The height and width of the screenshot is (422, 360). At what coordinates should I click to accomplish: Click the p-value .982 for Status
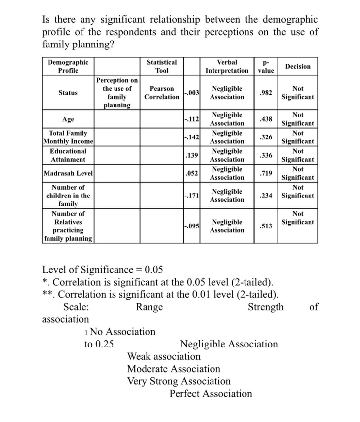(x=266, y=93)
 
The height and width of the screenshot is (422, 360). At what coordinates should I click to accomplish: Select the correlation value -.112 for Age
(x=192, y=119)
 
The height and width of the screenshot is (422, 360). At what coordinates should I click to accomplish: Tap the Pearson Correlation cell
(x=162, y=93)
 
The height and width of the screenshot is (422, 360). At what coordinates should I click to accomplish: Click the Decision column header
(x=298, y=66)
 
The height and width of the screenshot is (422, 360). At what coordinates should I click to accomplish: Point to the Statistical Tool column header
(x=162, y=66)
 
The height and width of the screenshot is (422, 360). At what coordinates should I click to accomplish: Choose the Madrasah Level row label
(x=68, y=173)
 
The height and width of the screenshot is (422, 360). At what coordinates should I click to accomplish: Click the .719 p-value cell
(x=266, y=173)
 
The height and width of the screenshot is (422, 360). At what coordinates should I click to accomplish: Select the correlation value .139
(x=192, y=155)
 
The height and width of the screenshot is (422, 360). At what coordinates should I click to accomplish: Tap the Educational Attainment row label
(x=68, y=155)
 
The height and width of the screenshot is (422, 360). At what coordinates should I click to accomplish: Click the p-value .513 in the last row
(x=266, y=226)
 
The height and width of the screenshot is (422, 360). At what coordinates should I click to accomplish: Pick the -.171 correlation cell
(x=192, y=196)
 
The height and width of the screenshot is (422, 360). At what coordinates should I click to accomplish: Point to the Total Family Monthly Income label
(x=68, y=137)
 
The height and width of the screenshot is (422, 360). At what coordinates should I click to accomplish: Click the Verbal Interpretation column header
(x=227, y=66)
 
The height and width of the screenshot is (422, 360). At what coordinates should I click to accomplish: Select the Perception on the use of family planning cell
(x=117, y=93)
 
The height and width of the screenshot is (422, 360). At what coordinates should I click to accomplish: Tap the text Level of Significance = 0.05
(x=102, y=270)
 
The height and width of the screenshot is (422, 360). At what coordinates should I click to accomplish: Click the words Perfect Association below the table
(x=211, y=394)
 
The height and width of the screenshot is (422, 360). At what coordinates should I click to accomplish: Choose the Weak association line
(x=164, y=356)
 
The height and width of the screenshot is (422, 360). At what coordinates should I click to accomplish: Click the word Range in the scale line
(x=149, y=307)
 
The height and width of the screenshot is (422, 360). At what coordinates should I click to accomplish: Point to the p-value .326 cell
(x=266, y=137)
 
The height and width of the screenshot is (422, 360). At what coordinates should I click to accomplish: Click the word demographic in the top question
(x=290, y=20)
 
